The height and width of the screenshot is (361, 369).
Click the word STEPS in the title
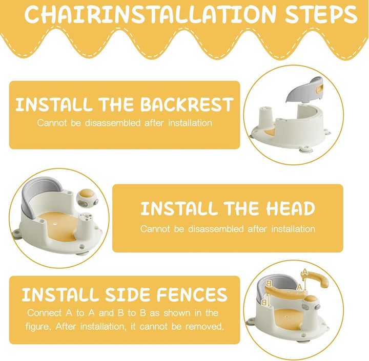321,14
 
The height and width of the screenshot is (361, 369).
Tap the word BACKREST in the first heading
187,104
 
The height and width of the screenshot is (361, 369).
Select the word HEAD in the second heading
291,208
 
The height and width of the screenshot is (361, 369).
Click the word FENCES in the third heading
192,294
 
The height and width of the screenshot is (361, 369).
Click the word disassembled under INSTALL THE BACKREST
113,123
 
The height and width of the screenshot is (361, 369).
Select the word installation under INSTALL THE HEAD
293,229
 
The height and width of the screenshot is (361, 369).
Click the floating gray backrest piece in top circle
304,90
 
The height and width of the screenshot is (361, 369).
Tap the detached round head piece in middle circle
87,199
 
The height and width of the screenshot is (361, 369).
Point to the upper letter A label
305,272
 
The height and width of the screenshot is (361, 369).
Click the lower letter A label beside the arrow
299,287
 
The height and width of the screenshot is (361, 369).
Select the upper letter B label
269,284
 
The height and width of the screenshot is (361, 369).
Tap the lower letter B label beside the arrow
264,303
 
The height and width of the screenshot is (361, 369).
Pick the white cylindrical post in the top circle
266,116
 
